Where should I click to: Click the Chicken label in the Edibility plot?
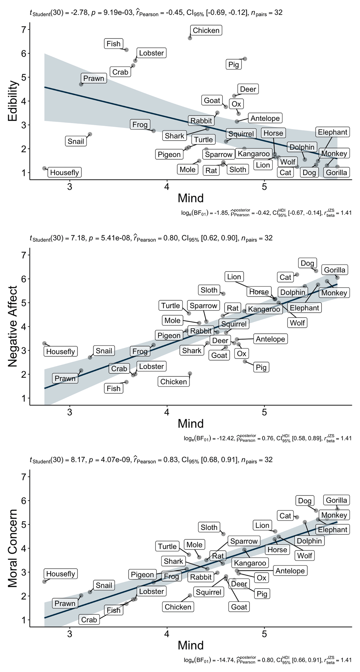click(206, 31)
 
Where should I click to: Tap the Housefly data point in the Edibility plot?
click(44, 169)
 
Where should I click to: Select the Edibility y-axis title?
click(13, 101)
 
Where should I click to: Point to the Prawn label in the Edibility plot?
click(94, 79)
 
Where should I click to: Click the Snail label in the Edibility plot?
click(76, 141)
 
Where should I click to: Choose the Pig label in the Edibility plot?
click(234, 65)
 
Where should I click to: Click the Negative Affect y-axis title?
click(13, 326)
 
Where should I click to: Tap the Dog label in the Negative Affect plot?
click(307, 263)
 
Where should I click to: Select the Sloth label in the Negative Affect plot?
click(209, 290)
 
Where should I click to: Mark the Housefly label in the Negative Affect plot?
click(60, 351)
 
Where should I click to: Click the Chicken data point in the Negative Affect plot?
click(190, 374)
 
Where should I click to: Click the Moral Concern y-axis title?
click(13, 551)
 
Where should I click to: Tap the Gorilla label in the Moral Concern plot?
click(336, 500)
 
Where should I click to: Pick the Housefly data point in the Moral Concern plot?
click(44, 581)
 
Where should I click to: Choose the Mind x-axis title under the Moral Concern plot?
click(190, 645)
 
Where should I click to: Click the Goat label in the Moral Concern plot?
click(239, 607)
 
